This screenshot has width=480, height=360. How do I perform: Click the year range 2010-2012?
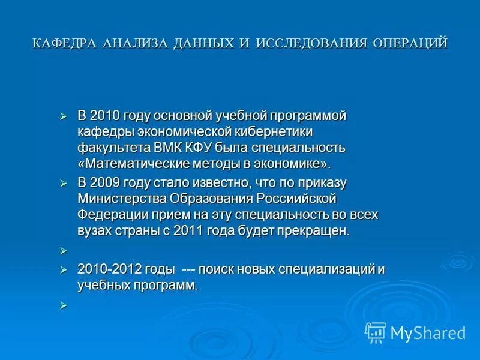pyautogui.click(x=109, y=270)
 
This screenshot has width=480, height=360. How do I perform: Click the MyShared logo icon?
pyautogui.click(x=376, y=332)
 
